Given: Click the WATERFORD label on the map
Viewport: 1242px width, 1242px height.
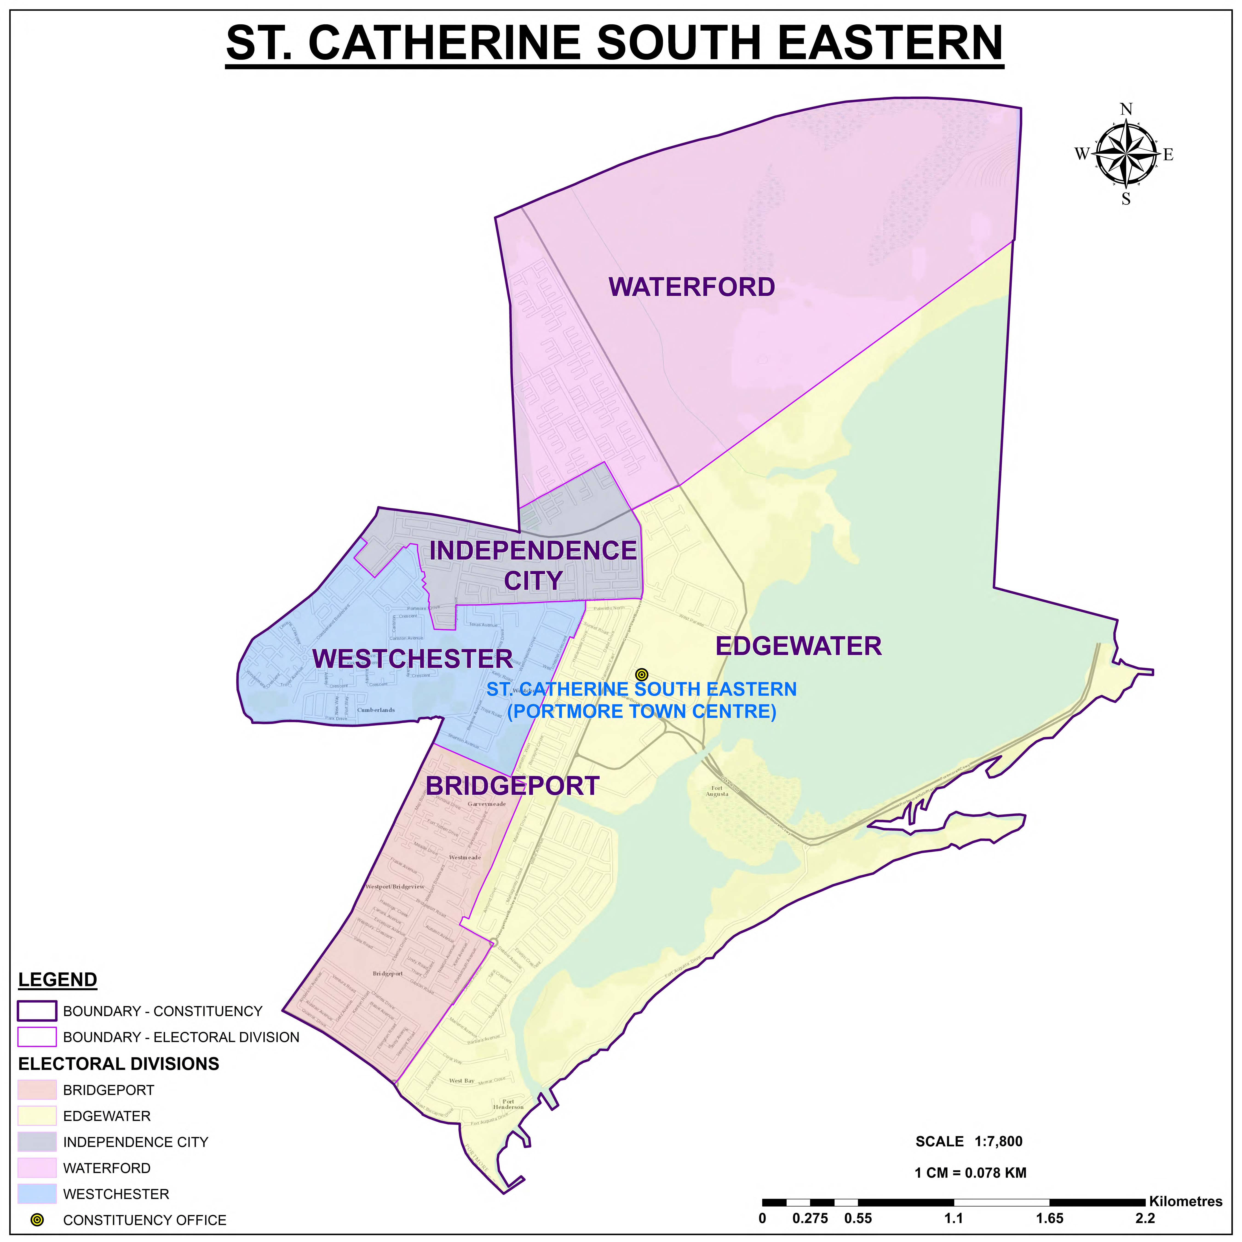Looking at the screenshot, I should click(692, 287).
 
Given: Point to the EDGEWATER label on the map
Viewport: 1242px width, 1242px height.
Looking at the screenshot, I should click(798, 646).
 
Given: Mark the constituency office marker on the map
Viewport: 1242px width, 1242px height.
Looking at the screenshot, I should click(641, 674).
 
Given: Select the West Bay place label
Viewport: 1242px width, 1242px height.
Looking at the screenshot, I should click(462, 1081).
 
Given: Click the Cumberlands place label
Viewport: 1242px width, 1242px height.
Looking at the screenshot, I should click(376, 710).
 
